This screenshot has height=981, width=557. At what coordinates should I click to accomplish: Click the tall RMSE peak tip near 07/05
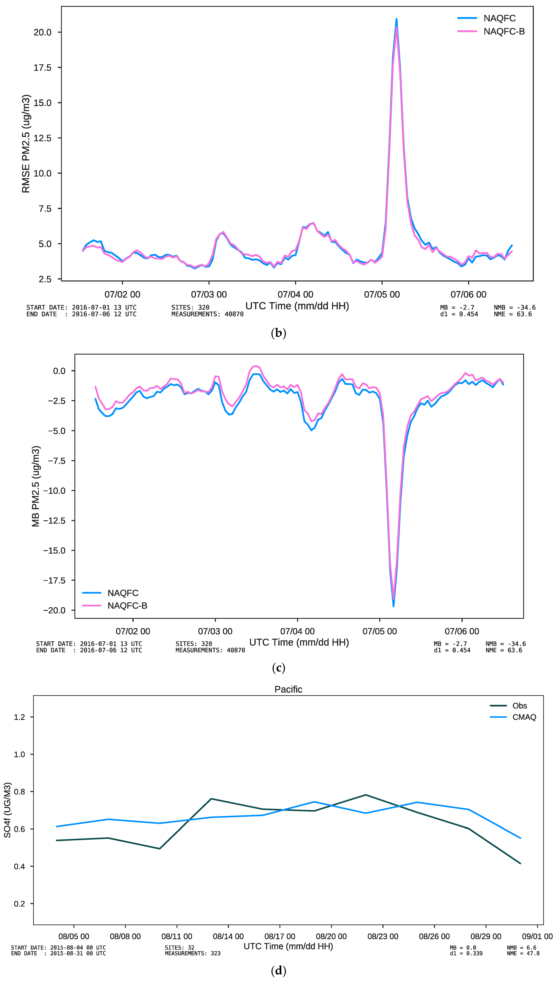coord(396,19)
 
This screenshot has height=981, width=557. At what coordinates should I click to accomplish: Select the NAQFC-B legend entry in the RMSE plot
coord(504,31)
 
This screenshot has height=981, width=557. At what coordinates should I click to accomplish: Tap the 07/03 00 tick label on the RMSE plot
coord(209,295)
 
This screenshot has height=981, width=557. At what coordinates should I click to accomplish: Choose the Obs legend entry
coord(520,706)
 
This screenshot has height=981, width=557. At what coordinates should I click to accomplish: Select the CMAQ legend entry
coord(524,717)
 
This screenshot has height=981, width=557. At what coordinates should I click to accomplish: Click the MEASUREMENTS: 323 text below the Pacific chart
coord(192,953)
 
